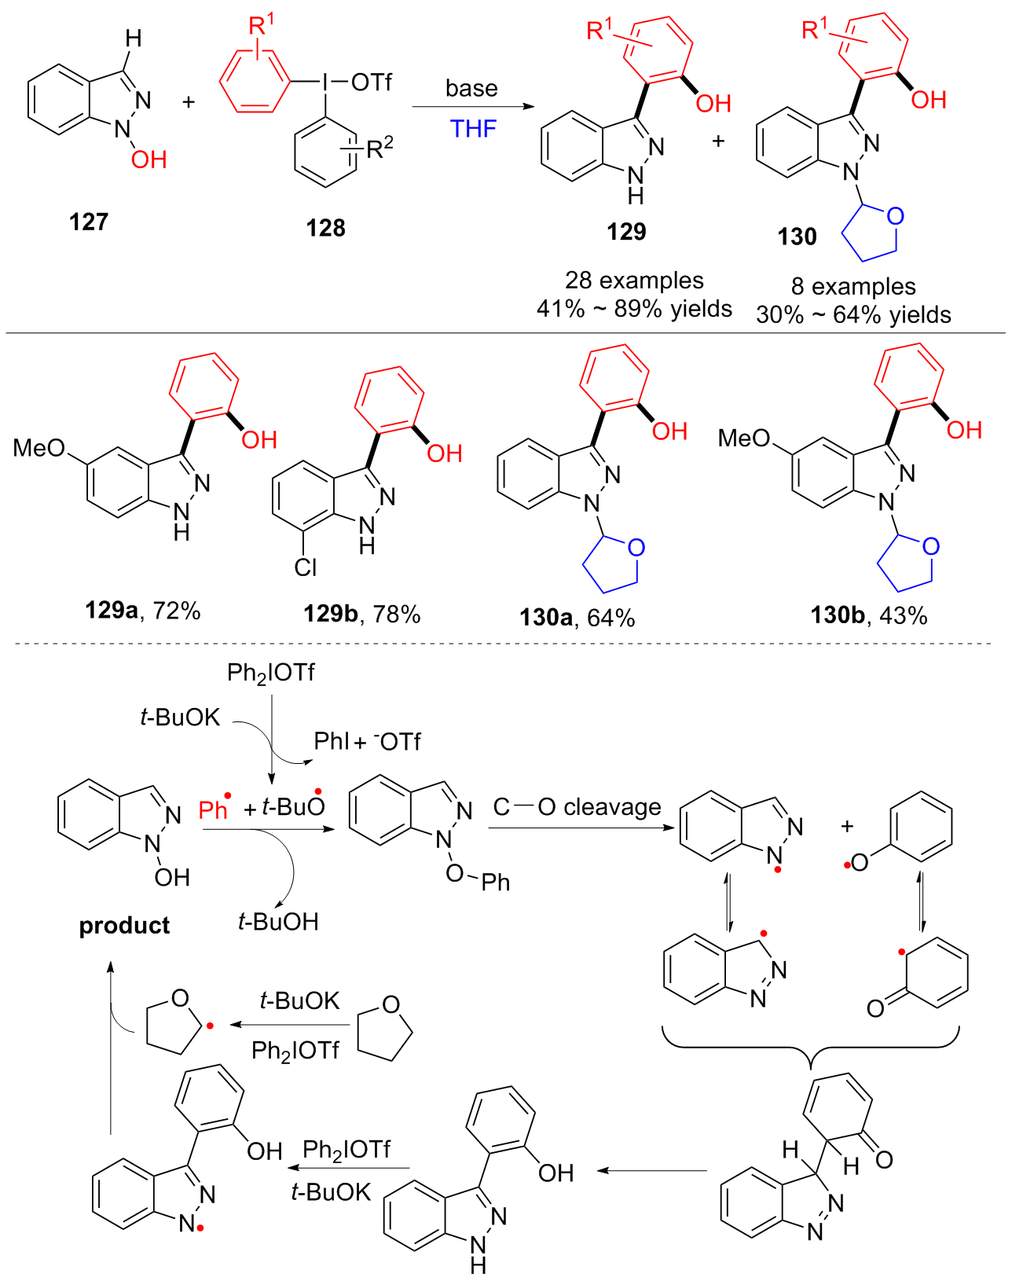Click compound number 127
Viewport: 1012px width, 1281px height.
88,222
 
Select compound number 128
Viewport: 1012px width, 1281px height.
325,228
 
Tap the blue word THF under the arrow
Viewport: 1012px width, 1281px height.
473,128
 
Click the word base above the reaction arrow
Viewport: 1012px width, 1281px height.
471,88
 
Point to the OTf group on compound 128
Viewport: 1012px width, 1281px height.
371,82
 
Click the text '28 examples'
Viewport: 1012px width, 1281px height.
634,281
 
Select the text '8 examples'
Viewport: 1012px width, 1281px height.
853,286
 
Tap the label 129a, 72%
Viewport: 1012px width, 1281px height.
143,610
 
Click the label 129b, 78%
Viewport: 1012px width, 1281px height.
362,614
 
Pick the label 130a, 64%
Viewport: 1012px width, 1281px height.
577,618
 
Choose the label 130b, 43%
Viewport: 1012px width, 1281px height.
869,615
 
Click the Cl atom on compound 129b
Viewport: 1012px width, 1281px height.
306,567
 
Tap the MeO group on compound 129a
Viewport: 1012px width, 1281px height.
38,448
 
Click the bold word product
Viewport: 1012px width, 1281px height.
124,926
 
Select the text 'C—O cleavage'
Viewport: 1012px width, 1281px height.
577,807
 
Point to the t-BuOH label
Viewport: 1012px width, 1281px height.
278,921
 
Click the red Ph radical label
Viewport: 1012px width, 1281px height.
214,809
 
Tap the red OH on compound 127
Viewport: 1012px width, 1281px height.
148,160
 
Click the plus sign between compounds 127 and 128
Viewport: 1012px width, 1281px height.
189,101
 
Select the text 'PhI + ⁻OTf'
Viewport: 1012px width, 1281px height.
367,741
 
